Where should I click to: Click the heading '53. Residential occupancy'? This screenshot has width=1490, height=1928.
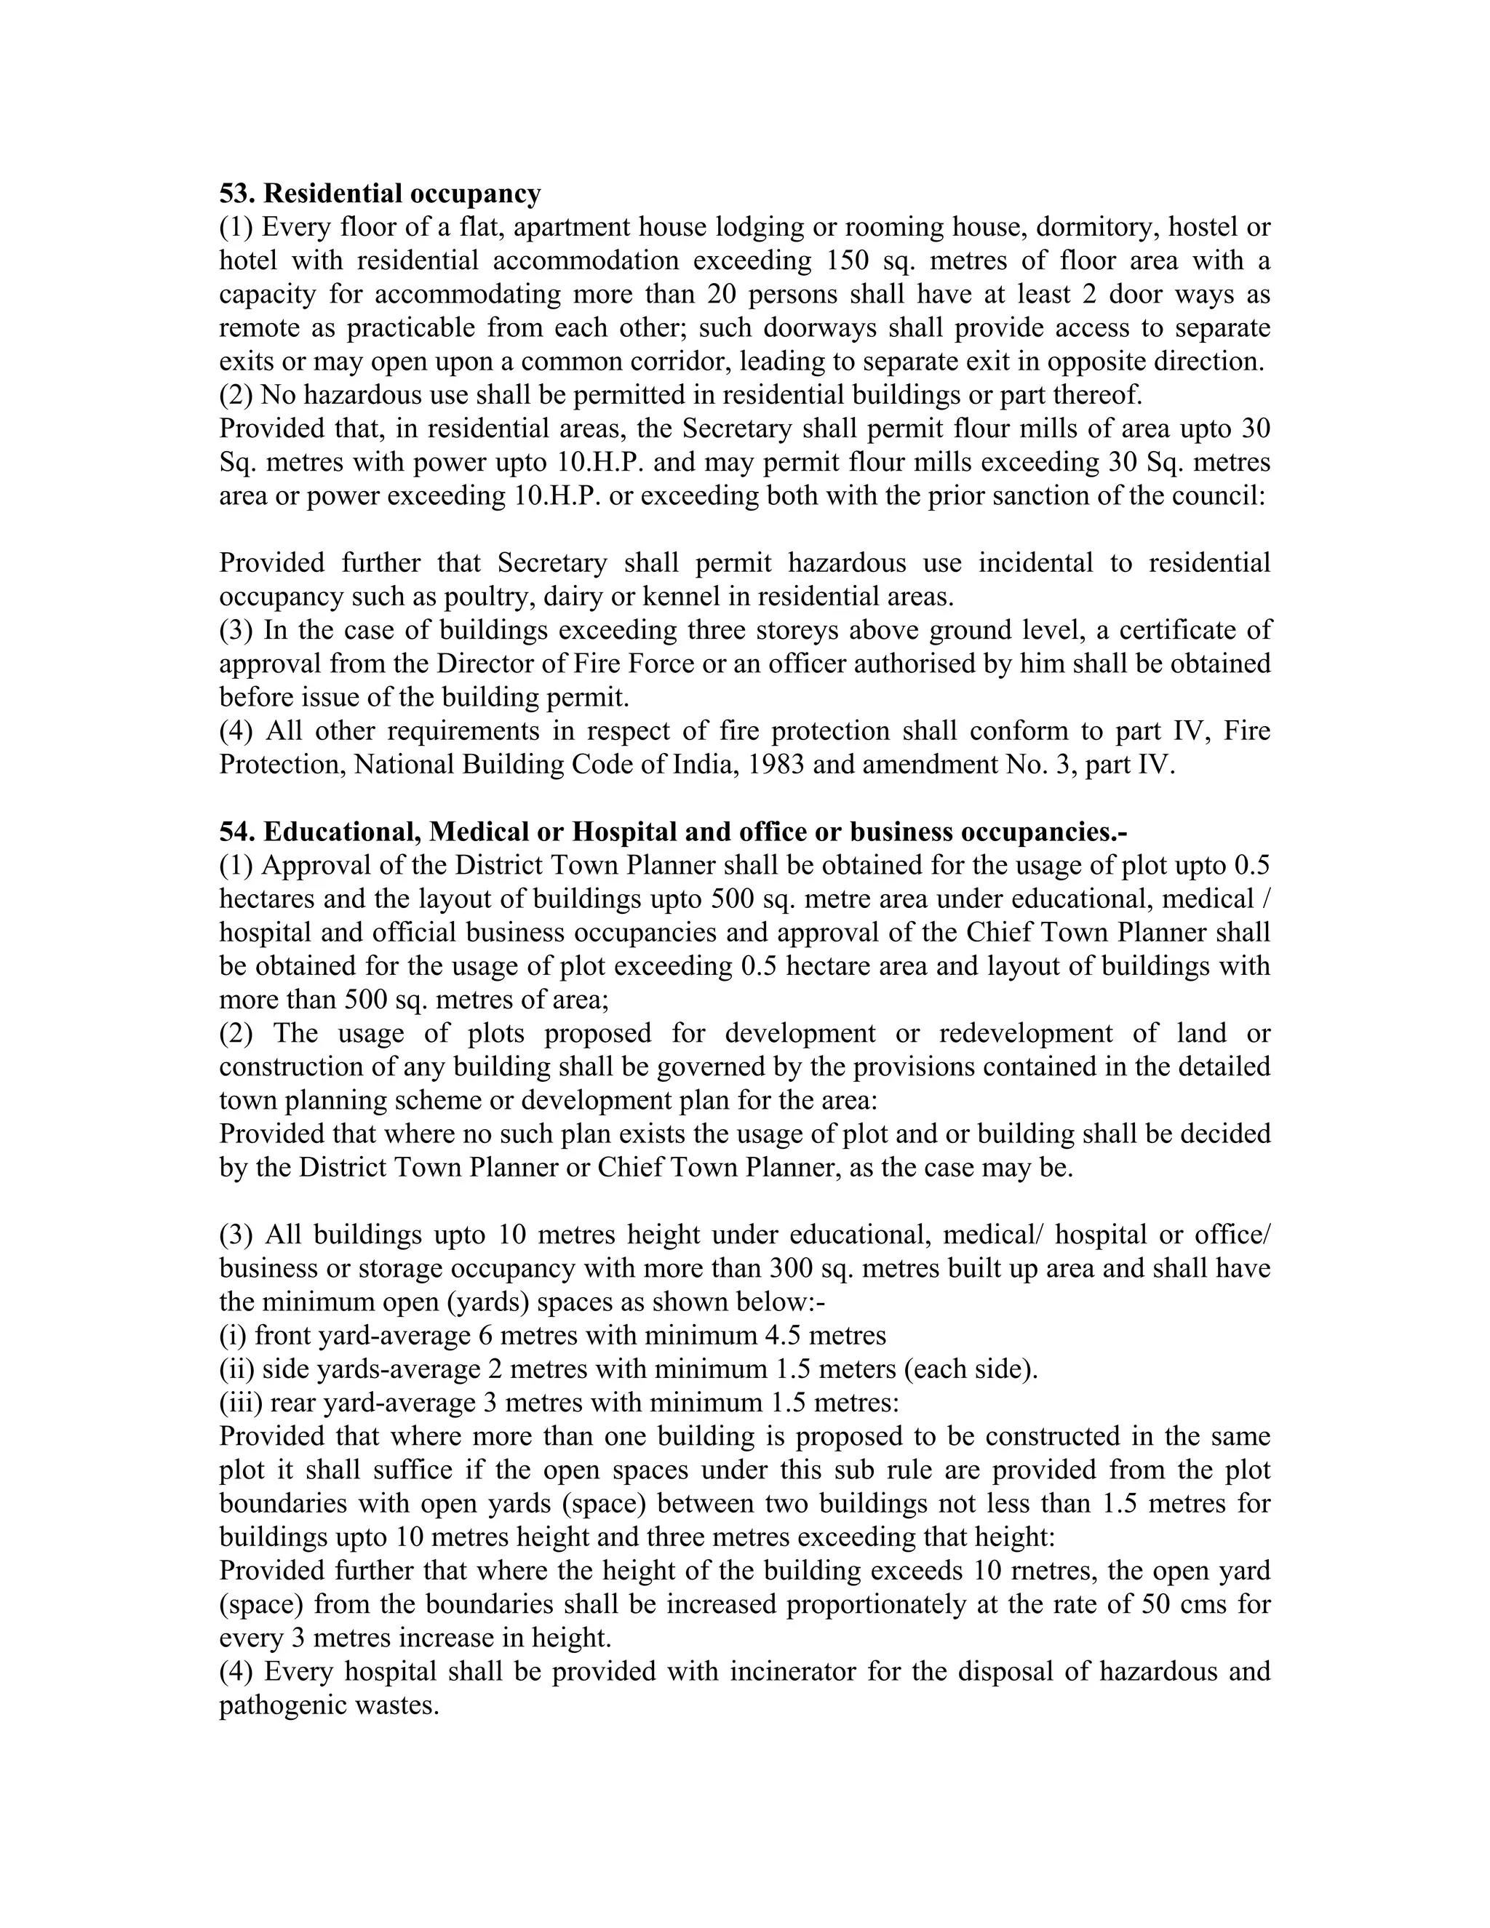380,193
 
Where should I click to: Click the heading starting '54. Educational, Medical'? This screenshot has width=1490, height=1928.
674,832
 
